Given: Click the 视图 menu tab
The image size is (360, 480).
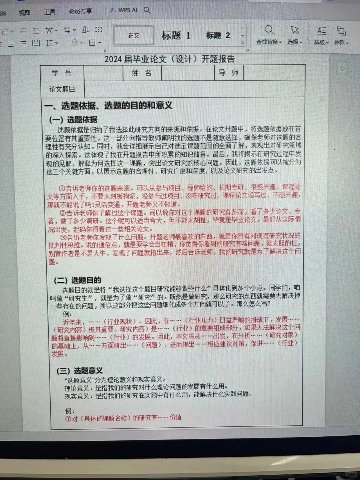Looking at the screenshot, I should point(24,13).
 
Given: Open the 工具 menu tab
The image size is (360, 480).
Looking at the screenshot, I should point(50,12).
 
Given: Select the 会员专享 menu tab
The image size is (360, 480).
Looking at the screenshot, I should point(80,11).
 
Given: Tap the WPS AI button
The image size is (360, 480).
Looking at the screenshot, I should point(124,10).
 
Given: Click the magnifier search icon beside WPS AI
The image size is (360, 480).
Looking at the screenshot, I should point(147,10).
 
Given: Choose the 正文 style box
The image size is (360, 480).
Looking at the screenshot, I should point(134,35).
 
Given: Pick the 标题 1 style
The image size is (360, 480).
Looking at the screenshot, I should point(176,35).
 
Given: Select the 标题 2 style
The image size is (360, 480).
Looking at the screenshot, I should point(218,35).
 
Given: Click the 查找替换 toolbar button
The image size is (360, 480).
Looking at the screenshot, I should point(269,35).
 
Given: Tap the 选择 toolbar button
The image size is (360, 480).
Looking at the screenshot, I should point(295,35).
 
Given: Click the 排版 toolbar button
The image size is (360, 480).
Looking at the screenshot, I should point(321,35).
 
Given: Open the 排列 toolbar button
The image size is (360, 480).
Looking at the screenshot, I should point(341,36).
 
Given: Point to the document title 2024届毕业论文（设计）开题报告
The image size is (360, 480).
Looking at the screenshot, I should point(169,59).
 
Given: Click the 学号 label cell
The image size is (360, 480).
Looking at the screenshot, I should point(62,73).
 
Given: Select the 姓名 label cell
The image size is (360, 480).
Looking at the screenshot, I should point(142,73).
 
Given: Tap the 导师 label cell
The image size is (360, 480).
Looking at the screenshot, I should point(228,73).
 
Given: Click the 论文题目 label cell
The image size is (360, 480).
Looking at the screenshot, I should point(62,89).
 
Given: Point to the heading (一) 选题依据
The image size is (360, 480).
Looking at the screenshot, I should point(73,120).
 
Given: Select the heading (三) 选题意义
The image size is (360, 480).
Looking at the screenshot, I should point(79,371).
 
